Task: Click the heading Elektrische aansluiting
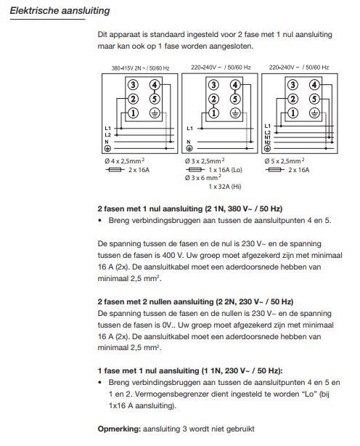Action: pyautogui.click(x=60, y=11)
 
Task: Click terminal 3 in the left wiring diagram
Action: pyautogui.click(x=133, y=85)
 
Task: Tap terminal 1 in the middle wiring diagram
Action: pyautogui.click(x=213, y=113)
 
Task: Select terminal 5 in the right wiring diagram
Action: pyautogui.click(x=314, y=99)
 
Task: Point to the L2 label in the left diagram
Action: pyautogui.click(x=107, y=135)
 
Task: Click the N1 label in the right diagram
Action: pyautogui.click(x=267, y=138)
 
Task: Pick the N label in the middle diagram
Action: pyautogui.click(x=189, y=142)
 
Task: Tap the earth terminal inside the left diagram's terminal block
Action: pyautogui.click(x=155, y=113)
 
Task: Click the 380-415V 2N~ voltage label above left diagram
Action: pyautogui.click(x=140, y=68)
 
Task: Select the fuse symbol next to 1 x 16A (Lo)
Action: pyautogui.click(x=195, y=170)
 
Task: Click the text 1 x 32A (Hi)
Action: pyautogui.click(x=225, y=187)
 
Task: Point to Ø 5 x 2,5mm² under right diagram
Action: pyautogui.click(x=284, y=161)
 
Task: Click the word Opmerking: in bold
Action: pyautogui.click(x=119, y=429)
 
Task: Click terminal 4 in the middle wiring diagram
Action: pyautogui.click(x=235, y=85)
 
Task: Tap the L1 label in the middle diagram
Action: pyautogui.click(x=190, y=129)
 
